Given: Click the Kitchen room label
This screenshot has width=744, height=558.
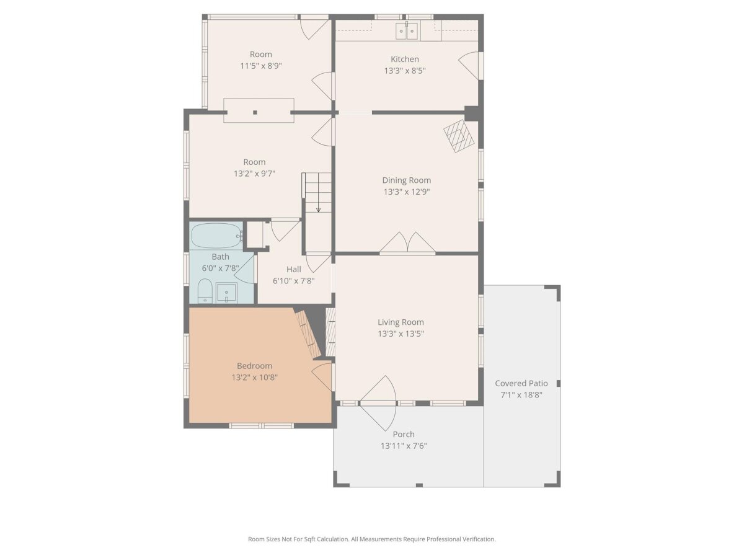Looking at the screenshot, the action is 405,60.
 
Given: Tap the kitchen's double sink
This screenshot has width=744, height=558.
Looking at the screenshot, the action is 406,31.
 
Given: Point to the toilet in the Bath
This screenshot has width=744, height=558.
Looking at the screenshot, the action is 205,291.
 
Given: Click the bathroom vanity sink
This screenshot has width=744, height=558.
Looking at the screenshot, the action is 226,293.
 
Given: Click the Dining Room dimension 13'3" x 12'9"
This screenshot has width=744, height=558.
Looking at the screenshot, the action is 406,192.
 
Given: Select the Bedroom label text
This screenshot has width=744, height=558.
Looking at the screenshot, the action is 254,366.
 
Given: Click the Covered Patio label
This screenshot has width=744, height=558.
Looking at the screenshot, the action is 521,383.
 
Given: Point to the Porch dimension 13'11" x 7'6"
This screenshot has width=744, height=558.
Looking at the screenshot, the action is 404,446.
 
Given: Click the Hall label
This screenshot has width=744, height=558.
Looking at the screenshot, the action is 293,269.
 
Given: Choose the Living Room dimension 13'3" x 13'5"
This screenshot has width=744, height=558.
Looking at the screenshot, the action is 401,334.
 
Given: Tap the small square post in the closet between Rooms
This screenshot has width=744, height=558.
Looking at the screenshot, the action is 255,112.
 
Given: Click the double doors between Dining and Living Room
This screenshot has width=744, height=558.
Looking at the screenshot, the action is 407,243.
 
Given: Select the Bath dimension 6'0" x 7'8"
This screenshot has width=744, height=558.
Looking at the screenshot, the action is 220,268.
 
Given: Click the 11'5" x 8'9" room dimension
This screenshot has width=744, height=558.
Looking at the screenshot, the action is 260,66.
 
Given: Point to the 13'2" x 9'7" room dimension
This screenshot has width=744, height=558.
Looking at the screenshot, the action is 254,174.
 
